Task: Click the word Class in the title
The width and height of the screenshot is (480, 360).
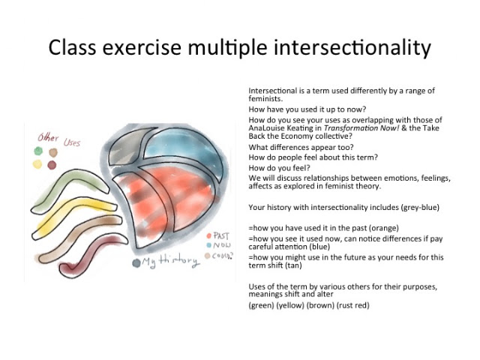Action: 73,47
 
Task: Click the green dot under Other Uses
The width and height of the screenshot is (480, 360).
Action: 38,151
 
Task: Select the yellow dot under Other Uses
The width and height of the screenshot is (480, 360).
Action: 37,164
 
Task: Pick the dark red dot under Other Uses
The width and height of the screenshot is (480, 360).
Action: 52,165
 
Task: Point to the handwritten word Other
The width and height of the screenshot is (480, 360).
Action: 48,138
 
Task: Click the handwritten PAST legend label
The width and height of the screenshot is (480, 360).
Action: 221,235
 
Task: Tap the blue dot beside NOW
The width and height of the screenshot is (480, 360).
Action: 209,245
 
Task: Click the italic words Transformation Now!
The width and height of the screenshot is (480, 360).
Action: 361,128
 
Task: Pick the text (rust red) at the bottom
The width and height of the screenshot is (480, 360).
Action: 352,305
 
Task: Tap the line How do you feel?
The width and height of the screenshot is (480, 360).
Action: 279,168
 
